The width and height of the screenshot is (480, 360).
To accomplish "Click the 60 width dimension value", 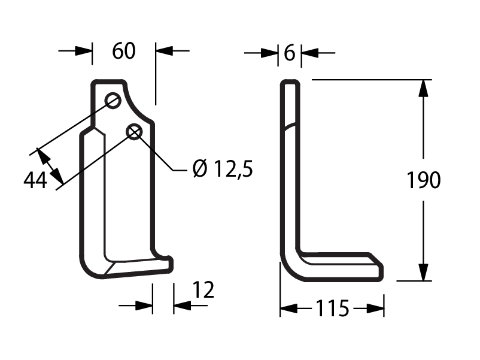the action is [x=124, y=51].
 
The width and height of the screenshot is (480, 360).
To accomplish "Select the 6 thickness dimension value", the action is [x=290, y=53].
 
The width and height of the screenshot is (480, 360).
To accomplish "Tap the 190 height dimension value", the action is [x=424, y=180].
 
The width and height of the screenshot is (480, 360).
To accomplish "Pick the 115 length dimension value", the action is [x=332, y=308].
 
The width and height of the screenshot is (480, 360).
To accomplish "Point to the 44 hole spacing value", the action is [x=35, y=180].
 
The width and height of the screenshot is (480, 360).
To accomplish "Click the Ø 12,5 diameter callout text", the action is [x=223, y=169].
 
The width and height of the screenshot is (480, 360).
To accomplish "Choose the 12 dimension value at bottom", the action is [x=203, y=290].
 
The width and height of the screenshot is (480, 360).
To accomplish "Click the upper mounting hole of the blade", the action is [x=113, y=100].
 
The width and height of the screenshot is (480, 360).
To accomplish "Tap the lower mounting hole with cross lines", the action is [x=135, y=132].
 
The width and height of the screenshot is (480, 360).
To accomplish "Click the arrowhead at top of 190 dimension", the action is [x=423, y=88].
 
